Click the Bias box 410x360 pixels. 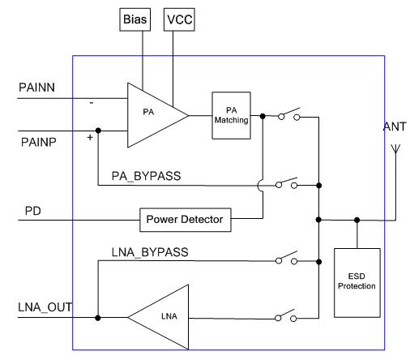click(135, 19)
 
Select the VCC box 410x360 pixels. click(179, 19)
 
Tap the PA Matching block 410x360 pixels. click(231, 115)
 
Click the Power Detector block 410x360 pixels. click(186, 220)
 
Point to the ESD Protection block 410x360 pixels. click(357, 283)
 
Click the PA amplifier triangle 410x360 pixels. click(152, 115)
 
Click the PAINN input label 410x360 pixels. click(36, 88)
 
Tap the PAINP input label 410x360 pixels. click(39, 142)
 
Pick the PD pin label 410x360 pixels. click(33, 211)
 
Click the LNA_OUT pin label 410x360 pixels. click(45, 307)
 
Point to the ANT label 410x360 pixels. click(395, 126)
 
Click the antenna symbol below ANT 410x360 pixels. click(395, 149)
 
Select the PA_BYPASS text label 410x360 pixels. click(146, 176)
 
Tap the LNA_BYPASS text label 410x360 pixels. click(150, 252)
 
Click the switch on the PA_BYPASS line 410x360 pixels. click(287, 183)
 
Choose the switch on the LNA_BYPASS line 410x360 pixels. click(287, 258)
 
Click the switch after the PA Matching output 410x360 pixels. click(289, 114)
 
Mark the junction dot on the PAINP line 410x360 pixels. click(98, 131)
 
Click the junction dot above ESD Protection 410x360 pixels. click(357, 220)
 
